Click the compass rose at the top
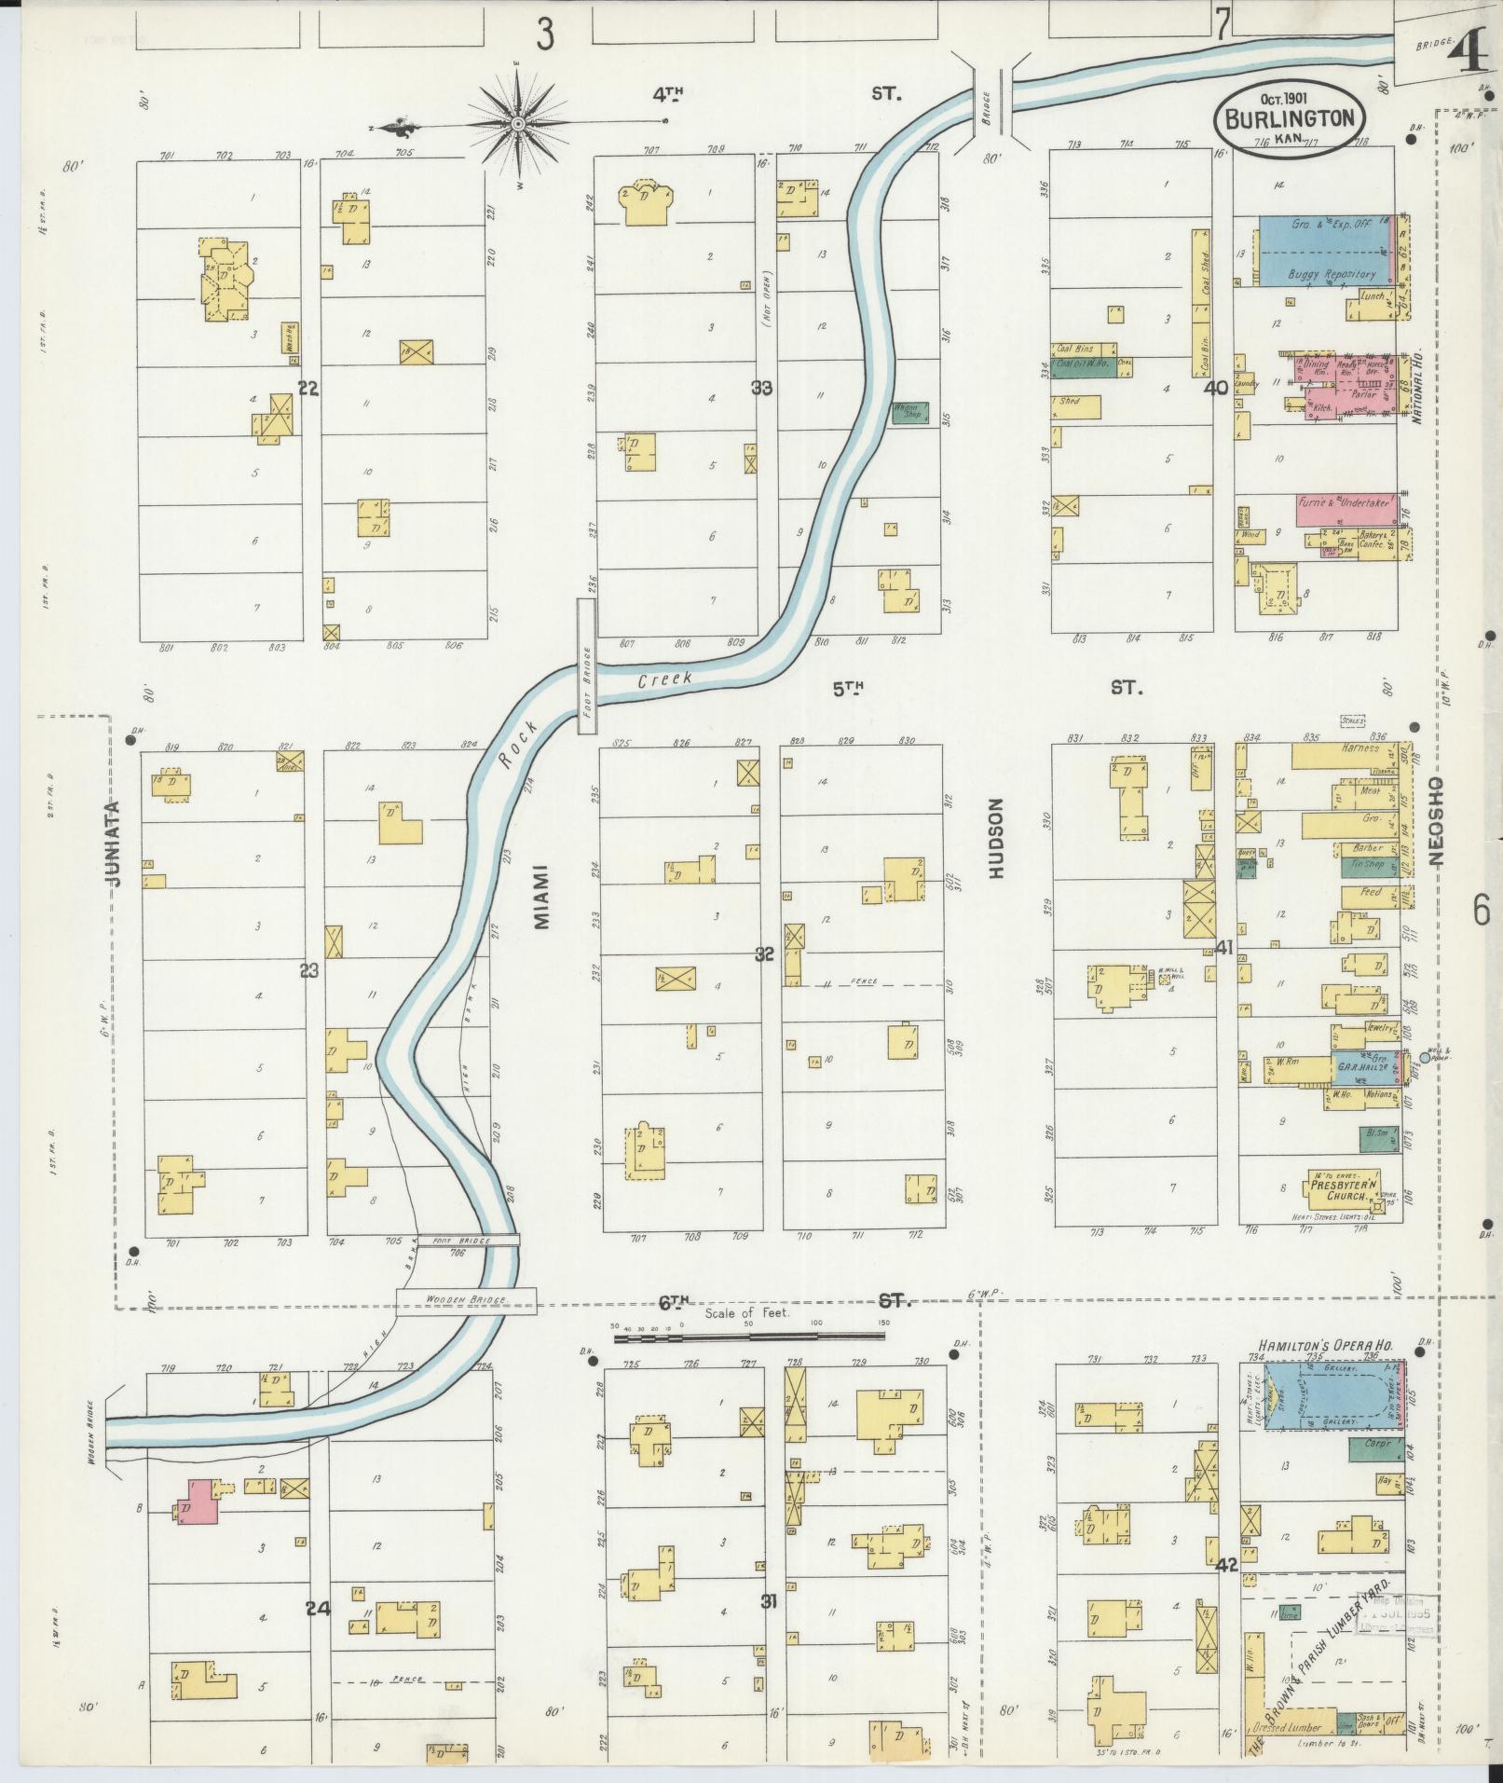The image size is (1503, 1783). click(518, 125)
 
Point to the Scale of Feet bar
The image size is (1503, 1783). click(749, 1338)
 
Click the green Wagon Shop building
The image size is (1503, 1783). click(909, 413)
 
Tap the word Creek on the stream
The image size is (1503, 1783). click(665, 680)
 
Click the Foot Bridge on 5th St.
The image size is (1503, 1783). click(587, 666)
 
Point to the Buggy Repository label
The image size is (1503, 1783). click(1331, 274)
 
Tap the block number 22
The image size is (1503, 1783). click(308, 389)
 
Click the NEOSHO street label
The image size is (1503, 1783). click(1435, 822)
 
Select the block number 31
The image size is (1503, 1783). click(769, 1601)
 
